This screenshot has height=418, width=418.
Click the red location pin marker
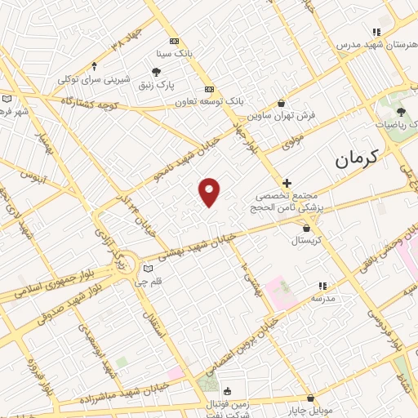point(210,191)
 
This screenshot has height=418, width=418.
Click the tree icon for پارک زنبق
point(156,72)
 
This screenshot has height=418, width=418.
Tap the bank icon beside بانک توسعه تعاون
point(210,89)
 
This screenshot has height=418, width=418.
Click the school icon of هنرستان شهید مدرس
point(375,31)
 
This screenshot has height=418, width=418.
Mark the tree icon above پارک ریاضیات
point(400,112)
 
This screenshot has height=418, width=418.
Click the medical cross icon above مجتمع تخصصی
point(286,183)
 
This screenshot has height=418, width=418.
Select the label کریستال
point(307,241)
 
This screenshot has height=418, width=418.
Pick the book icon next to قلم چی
point(148,269)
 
